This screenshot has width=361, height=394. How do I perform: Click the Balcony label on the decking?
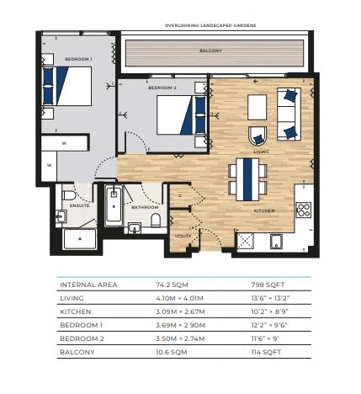pos(210,51)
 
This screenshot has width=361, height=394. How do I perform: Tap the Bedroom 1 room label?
pos(78,59)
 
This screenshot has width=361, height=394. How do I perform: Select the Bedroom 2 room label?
pos(162,88)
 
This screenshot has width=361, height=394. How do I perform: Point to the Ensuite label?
pos(80,205)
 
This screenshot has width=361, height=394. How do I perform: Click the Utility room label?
pos(183,236)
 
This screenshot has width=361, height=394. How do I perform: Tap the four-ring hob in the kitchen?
pos(304,210)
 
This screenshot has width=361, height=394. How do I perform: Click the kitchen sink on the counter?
pos(276,242)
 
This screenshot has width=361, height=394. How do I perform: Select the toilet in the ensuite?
pos(69,195)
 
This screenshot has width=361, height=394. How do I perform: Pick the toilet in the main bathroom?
pos(156,220)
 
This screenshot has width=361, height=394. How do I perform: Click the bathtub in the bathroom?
pos(114,205)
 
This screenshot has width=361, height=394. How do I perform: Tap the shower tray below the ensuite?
pos(80,239)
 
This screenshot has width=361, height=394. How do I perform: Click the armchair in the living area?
pos(257,136)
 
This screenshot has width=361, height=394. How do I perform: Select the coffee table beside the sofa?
pos(257,107)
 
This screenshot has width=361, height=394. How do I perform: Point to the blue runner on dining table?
pos(247,179)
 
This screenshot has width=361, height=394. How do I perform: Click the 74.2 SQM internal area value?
pos(172,285)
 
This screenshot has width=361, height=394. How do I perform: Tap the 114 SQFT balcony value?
pos(266,352)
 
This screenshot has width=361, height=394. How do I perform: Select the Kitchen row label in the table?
pos(76,311)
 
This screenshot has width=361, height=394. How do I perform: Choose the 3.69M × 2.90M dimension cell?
pos(180,325)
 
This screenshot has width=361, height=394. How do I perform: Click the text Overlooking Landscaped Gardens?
pos(210,25)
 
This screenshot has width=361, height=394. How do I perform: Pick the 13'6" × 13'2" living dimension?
pos(270,298)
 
